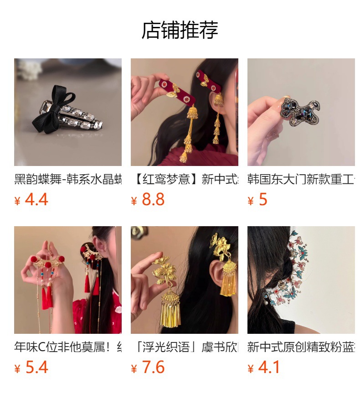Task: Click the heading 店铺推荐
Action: [180, 30]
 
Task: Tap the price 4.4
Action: [36, 200]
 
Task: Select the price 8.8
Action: [153, 200]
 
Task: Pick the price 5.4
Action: [36, 368]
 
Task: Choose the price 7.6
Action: [153, 368]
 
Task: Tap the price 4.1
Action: [269, 368]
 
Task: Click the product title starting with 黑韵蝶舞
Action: [68, 179]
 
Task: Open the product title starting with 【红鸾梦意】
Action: [185, 179]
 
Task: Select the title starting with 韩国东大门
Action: [301, 179]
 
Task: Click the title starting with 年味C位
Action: [68, 347]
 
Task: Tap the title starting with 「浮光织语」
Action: [185, 347]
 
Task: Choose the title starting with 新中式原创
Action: [301, 347]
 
